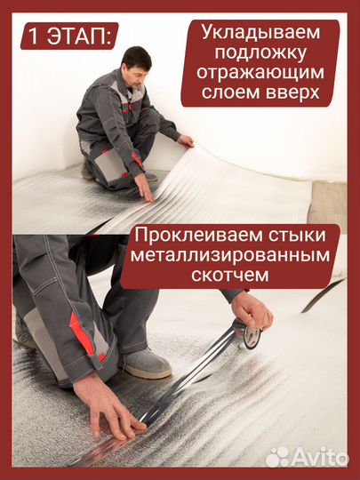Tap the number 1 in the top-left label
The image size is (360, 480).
[x=35, y=38]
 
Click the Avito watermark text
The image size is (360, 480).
[x=321, y=457]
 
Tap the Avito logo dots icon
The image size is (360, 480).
[x=277, y=457]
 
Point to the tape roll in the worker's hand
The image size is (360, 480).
[x=249, y=334]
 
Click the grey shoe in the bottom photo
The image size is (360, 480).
[x=142, y=363]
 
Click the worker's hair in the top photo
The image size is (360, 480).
[x=136, y=55]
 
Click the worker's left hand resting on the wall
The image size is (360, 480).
[x=185, y=140]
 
